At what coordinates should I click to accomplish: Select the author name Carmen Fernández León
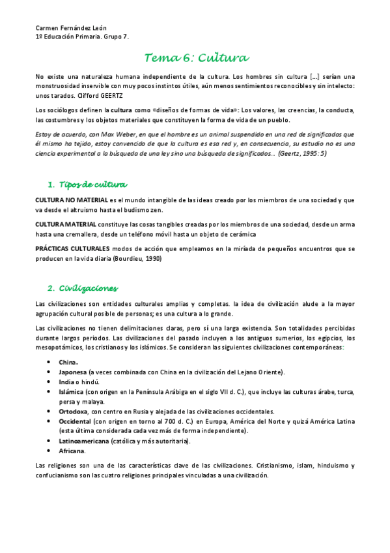(x=71, y=28)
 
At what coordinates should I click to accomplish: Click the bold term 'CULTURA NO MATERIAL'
(x=67, y=199)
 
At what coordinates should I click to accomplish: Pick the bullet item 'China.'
(x=68, y=363)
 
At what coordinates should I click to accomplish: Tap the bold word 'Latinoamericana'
(x=83, y=441)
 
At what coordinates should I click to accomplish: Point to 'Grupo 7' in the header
(x=117, y=37)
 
